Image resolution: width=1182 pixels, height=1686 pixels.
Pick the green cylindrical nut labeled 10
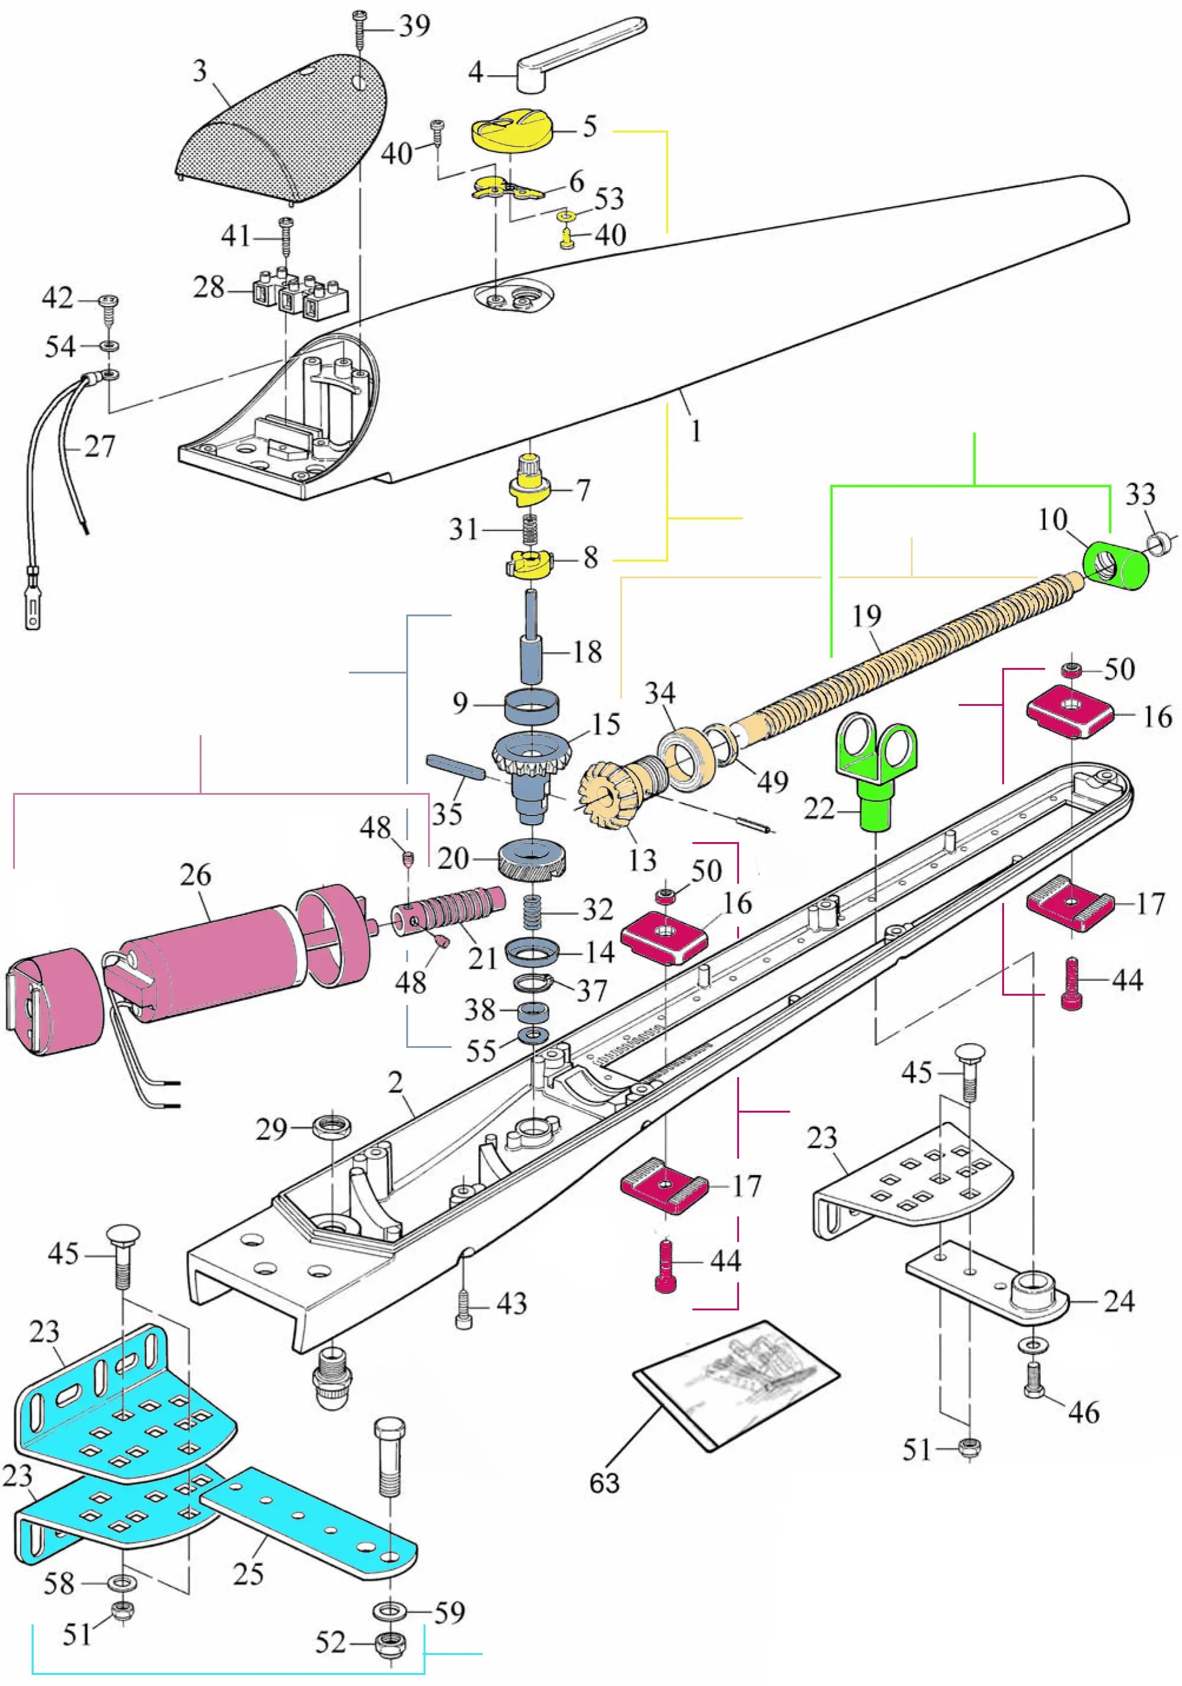click(1116, 566)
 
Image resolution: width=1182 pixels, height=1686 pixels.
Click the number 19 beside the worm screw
click(866, 615)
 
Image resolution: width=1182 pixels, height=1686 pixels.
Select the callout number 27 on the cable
click(100, 447)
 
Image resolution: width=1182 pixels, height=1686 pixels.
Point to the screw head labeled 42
click(109, 301)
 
